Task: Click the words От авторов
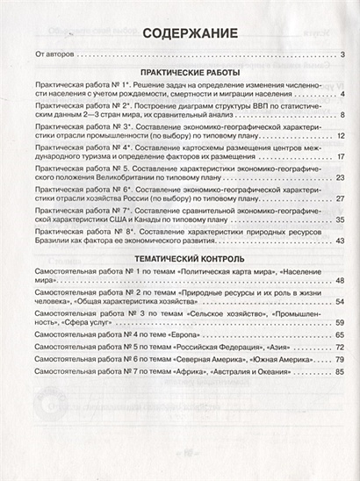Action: [45, 56]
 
